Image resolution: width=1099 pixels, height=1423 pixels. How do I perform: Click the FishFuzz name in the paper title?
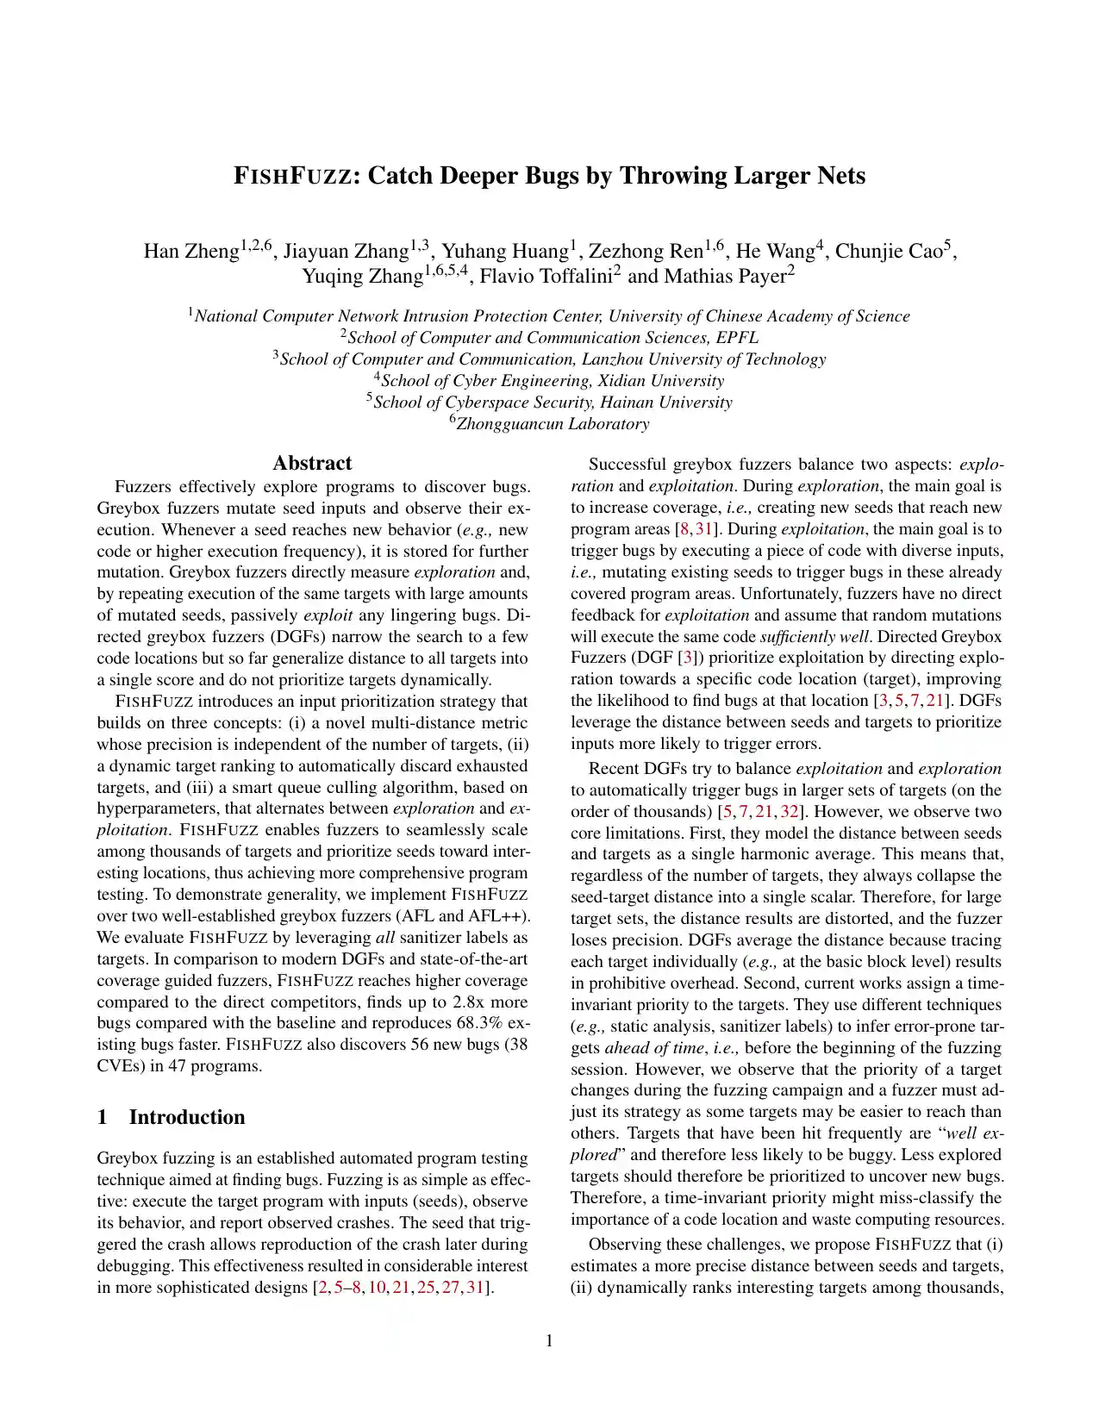point(292,176)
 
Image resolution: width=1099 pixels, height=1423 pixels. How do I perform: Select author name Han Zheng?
point(190,251)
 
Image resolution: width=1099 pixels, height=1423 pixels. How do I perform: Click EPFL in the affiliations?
point(737,338)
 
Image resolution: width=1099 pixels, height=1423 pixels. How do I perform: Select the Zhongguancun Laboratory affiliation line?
point(553,424)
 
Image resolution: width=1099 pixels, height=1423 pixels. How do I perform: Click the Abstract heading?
point(312,464)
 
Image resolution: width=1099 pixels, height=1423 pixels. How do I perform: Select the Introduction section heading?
point(187,1117)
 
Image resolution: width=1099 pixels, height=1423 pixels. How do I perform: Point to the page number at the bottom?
point(549,1340)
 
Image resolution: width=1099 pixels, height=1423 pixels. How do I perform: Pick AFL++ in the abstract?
point(498,916)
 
